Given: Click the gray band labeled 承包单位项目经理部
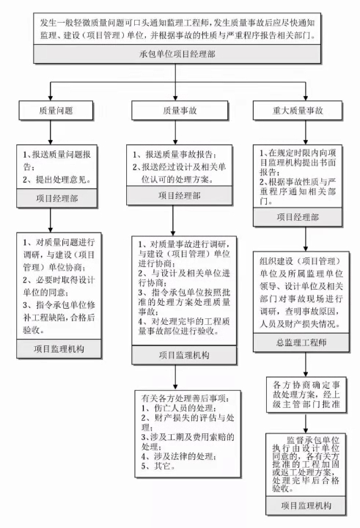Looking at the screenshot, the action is pos(177,54).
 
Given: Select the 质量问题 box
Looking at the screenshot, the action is pos(56,111).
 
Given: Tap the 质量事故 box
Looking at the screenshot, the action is pos(180,111).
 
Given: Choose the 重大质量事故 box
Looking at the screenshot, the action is pos(298,111).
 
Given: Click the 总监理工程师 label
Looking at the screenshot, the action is pos(301,342).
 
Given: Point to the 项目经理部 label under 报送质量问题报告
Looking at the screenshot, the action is pos(57,198).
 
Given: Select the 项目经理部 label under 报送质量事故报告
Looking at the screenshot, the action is pos(179,196).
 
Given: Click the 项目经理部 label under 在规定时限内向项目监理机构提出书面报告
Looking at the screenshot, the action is pos(298,217).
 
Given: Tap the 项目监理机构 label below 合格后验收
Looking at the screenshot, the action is pos(59,349).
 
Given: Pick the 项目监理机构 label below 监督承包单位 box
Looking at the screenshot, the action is pos(306,505).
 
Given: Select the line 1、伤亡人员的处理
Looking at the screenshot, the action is pos(179,408).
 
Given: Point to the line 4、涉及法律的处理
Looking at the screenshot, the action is pos(179,457).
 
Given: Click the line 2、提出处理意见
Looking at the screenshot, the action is pos(57,180).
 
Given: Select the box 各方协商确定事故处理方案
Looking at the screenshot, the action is pos(306,395).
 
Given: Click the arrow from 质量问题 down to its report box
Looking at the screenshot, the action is pos(51,132).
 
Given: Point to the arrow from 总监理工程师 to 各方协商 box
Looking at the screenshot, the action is pos(306,364).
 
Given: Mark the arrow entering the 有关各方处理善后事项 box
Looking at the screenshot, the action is pos(175,378).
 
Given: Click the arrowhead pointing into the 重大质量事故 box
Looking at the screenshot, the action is pos(306,98).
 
